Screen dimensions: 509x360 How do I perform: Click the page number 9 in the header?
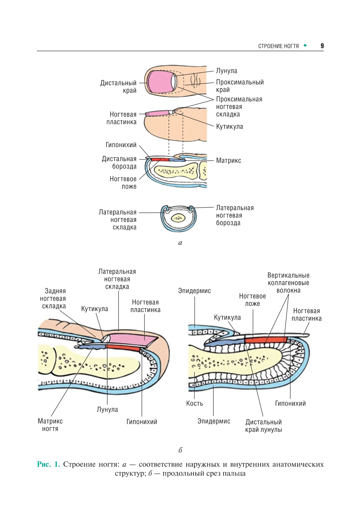point(322,46)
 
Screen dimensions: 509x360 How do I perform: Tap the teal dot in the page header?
point(305,46)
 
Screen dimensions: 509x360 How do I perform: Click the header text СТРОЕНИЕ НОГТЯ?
point(278,46)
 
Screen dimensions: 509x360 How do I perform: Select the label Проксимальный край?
point(240,86)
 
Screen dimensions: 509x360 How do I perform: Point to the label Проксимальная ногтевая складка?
point(239,107)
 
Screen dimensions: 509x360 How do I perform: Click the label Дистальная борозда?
point(119,163)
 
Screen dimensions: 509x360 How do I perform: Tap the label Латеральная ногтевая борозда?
point(234,215)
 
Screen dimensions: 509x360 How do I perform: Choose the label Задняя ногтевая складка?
point(53,298)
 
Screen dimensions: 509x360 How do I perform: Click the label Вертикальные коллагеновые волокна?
point(288,283)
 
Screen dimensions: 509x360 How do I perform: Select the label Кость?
point(195,403)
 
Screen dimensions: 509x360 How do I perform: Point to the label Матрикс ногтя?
point(50,425)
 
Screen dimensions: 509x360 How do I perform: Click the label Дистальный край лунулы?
point(264,426)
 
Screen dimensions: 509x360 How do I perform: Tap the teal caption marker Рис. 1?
point(48,464)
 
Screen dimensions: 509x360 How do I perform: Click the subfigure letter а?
point(180,243)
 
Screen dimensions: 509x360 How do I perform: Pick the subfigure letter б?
point(180,450)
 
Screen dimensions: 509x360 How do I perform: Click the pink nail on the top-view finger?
point(159,81)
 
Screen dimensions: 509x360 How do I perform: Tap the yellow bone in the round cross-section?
point(178,218)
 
